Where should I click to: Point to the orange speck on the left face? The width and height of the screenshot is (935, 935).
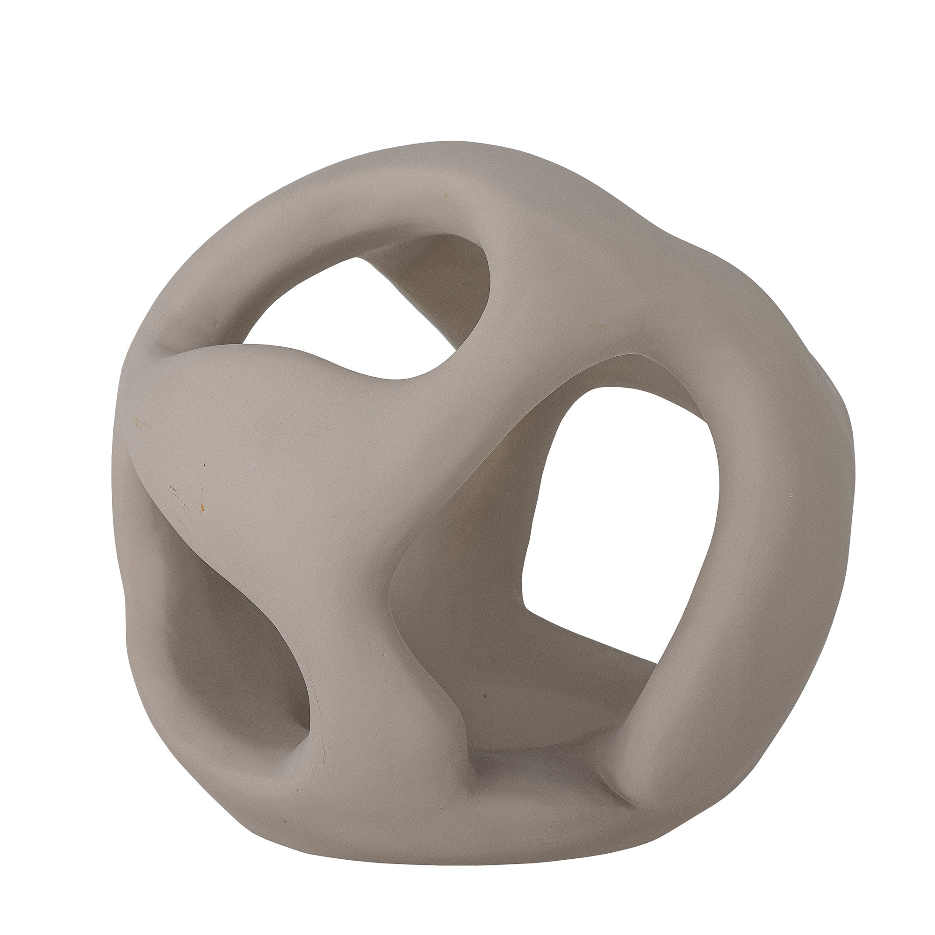point(203,508)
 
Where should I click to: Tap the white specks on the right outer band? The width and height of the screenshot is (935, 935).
point(791,496)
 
